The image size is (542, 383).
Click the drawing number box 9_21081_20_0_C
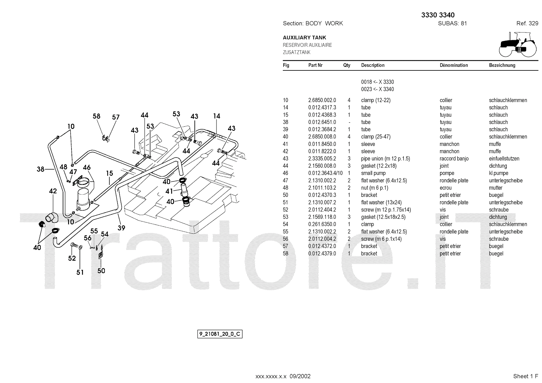[x=220, y=334]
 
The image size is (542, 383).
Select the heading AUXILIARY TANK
[x=304, y=38]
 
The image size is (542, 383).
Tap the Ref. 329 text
[x=527, y=23]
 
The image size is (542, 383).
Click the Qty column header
[x=347, y=65]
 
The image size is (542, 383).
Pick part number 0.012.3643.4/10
[x=325, y=173]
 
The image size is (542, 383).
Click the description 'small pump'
[x=373, y=173]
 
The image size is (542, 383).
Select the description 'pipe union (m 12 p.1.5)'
[x=385, y=158]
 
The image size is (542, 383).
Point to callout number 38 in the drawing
[x=40, y=169]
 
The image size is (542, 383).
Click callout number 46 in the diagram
[x=87, y=167]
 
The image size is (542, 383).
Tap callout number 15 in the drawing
[x=109, y=173]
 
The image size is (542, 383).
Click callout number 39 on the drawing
[x=121, y=228]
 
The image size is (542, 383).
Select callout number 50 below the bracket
[x=101, y=271]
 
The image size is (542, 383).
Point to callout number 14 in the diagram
[x=217, y=116]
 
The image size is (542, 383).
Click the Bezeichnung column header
[x=502, y=65]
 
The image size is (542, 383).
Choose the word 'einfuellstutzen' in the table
[x=504, y=158]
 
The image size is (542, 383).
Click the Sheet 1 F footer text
[x=525, y=376]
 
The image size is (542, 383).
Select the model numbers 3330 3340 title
[x=438, y=15]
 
